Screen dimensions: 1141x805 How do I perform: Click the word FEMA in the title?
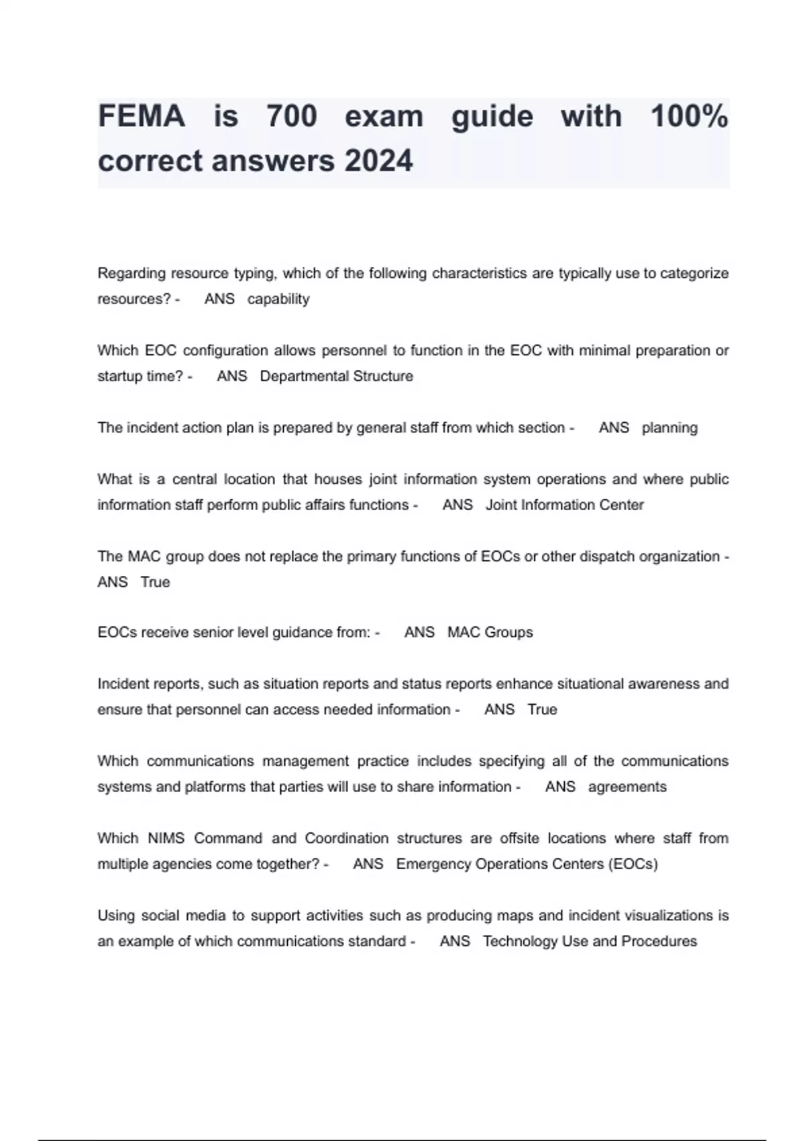142,117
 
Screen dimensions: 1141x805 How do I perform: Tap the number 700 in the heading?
291,117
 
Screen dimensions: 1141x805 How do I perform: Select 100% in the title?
689,117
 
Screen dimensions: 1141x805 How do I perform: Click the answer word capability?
278,299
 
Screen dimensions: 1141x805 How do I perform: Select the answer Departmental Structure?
336,377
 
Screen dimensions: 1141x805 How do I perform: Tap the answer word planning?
669,428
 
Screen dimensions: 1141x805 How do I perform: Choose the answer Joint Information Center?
564,505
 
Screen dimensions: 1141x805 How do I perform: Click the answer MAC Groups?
490,633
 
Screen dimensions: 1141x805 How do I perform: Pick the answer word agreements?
627,787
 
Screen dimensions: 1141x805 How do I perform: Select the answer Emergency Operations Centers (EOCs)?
527,864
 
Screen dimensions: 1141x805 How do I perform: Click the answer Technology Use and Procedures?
590,942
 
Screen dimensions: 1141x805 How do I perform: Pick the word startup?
120,377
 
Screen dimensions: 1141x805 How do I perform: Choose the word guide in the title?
492,117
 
